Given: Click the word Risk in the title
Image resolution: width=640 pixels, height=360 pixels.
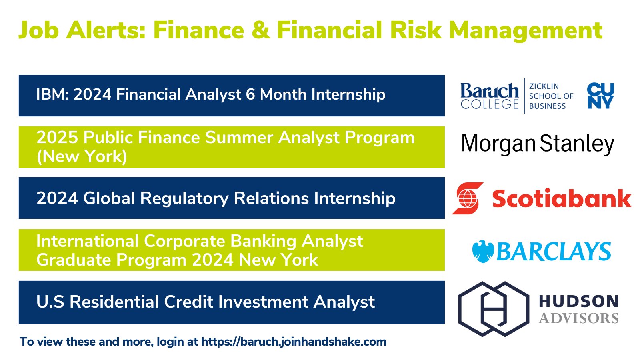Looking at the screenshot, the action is (x=416, y=30).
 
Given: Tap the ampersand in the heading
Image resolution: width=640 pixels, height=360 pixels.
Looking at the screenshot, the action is (x=261, y=30).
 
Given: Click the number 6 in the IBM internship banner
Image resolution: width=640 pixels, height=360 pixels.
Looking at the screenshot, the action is (x=250, y=94).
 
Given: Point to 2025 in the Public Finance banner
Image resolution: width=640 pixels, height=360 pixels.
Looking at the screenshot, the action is (x=57, y=138).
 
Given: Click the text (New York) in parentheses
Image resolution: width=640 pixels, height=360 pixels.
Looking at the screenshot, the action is (x=82, y=156).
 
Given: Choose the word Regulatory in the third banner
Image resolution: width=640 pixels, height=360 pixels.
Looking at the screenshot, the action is (x=184, y=198).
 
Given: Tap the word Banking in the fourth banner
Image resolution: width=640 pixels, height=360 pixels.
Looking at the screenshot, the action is (x=263, y=242).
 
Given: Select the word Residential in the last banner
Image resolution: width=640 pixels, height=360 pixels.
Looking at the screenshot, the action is (x=114, y=302).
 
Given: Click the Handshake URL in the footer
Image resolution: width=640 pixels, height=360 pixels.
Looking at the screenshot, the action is (x=294, y=342).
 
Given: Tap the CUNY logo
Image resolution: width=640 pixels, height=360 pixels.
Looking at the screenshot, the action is (x=600, y=96).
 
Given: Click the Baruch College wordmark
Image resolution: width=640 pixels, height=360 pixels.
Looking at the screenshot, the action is (x=490, y=96).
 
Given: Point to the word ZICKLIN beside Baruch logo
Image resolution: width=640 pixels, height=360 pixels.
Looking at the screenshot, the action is (x=544, y=86).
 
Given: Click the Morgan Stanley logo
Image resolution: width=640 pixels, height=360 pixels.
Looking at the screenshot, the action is (x=538, y=144).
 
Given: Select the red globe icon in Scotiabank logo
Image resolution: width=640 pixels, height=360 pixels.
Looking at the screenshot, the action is (x=468, y=198).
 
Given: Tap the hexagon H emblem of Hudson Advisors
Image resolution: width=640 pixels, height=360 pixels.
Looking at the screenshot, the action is (x=494, y=309).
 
